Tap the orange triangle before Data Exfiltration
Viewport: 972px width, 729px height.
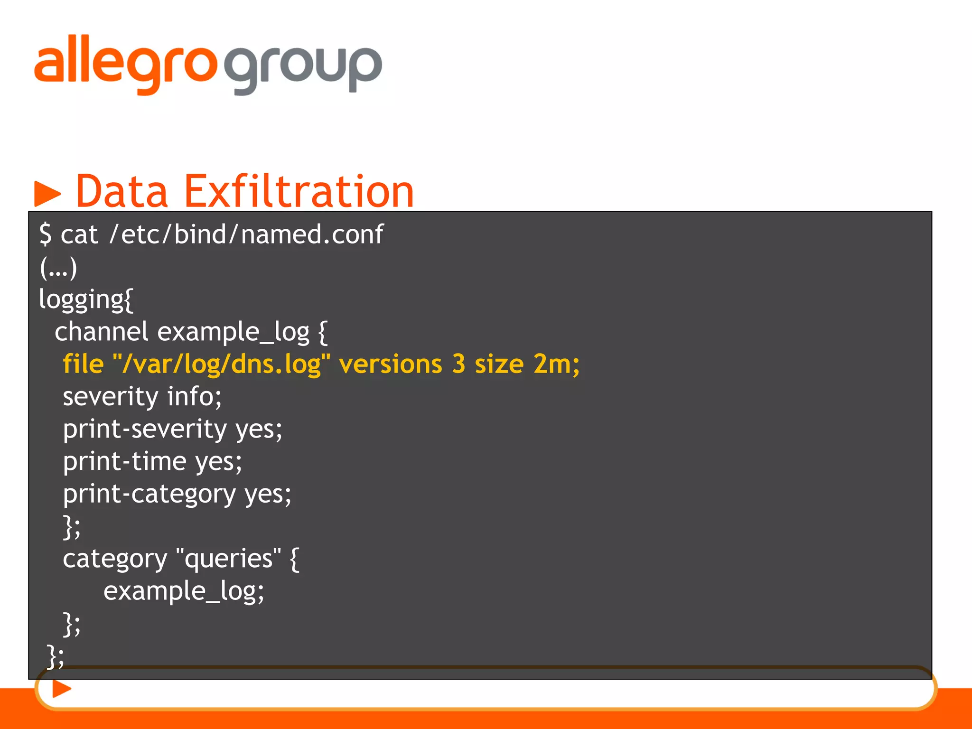click(47, 193)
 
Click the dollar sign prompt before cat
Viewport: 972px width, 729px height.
click(45, 234)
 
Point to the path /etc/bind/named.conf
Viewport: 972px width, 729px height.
click(246, 234)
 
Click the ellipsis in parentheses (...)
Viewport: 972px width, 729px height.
click(58, 268)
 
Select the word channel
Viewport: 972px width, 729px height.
click(102, 331)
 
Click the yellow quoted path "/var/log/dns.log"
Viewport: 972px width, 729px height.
click(221, 364)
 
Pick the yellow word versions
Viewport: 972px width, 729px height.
click(390, 364)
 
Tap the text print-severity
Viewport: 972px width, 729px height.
click(145, 429)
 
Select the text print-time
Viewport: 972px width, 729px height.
click(125, 461)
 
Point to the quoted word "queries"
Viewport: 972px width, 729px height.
click(228, 559)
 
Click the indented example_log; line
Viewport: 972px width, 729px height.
click(184, 591)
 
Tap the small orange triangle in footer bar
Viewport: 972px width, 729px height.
click(61, 689)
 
